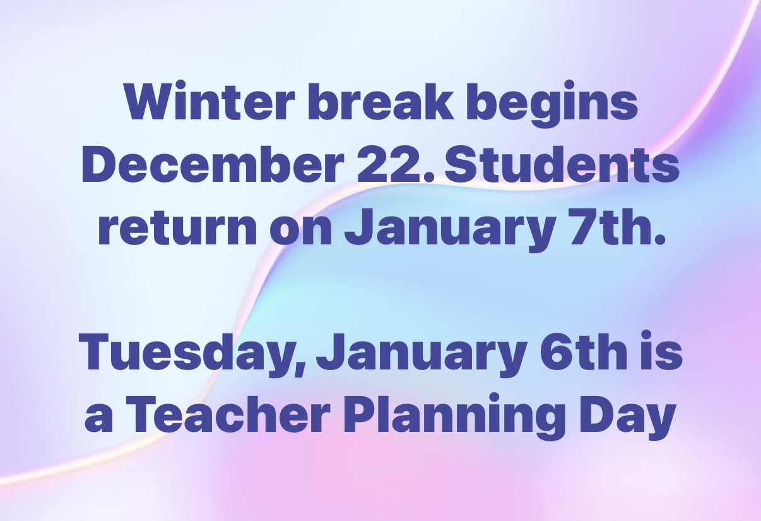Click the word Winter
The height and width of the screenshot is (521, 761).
209,100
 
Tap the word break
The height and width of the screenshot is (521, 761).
380,100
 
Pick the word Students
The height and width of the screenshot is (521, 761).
562,164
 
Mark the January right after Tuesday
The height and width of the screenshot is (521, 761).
422,355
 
